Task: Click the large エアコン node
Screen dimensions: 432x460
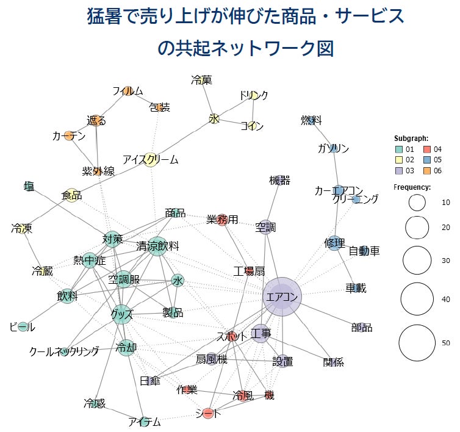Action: pos(282,297)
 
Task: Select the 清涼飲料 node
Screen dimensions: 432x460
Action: pos(157,246)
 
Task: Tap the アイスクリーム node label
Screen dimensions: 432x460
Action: pos(151,160)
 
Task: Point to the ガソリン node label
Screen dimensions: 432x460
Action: pos(333,148)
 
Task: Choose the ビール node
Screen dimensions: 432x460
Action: pos(23,327)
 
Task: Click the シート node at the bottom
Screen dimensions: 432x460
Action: pos(208,413)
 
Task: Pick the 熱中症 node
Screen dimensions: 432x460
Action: pos(90,261)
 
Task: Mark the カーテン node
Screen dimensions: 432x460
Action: pos(68,136)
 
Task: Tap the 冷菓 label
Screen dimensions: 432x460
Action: pos(201,79)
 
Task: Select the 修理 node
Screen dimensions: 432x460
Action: pos(334,243)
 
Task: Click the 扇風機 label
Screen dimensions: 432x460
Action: pos(212,359)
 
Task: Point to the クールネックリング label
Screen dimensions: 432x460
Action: pos(64,351)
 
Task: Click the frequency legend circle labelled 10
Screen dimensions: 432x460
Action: pos(417,203)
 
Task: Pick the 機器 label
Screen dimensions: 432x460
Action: pos(279,181)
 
